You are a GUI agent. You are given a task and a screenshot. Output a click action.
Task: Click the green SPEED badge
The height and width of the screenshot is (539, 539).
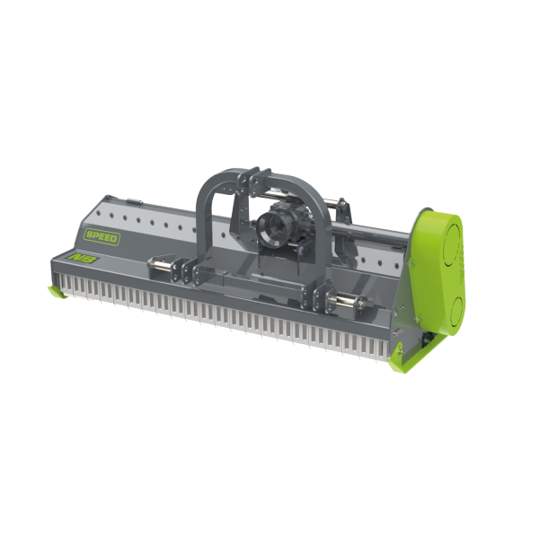pos(102,237)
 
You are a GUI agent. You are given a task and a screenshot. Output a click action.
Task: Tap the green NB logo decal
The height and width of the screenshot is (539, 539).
pos(84,258)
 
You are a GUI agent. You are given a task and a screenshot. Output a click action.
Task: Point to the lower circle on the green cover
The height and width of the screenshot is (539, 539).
pos(458,310)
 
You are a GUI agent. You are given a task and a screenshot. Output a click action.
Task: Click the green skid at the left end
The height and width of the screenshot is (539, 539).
pos(57,292)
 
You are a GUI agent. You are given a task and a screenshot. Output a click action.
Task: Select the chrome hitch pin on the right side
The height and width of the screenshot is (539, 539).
pos(347,301)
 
